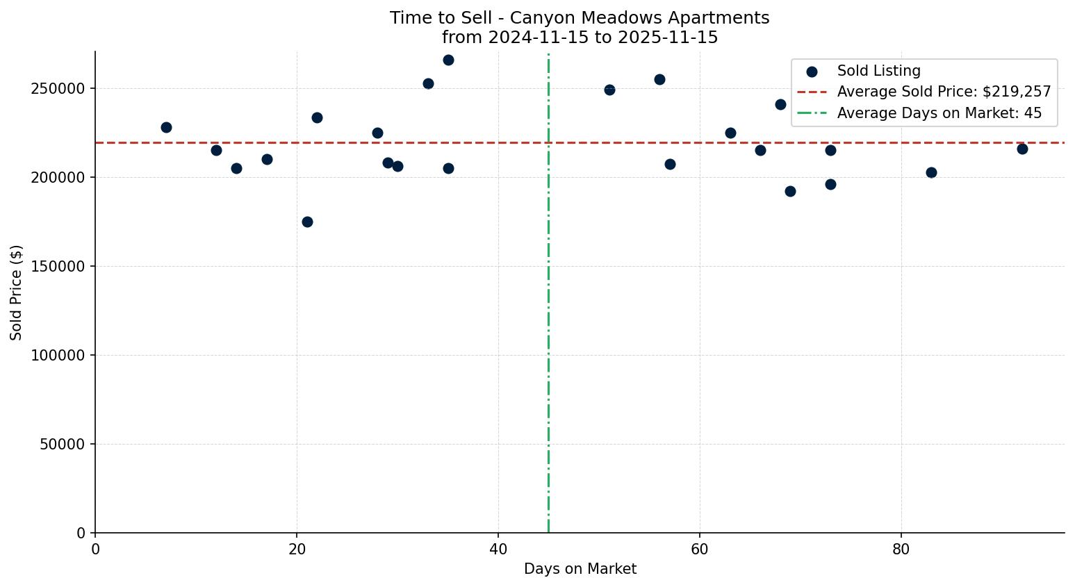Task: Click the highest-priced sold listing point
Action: (x=448, y=60)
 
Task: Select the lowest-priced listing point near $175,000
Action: (x=307, y=222)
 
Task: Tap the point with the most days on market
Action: (x=1022, y=149)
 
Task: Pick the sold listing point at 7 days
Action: (x=166, y=127)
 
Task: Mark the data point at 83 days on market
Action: (x=931, y=172)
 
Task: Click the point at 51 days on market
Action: (x=609, y=90)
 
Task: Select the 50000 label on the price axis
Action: (x=63, y=445)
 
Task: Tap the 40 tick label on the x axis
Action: (x=498, y=549)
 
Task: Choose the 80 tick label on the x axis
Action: (x=901, y=549)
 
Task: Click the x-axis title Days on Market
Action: (x=580, y=569)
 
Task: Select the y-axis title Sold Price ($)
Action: (x=16, y=292)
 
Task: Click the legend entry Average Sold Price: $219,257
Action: (x=944, y=92)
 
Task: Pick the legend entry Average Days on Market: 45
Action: (x=939, y=113)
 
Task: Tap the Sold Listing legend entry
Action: (x=878, y=71)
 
